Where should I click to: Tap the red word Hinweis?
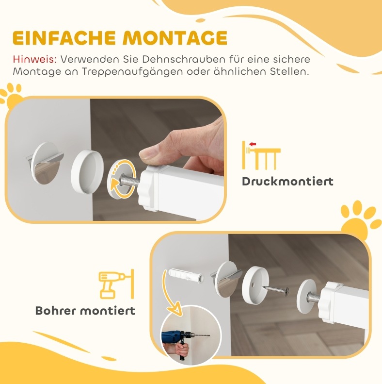pos(35,59)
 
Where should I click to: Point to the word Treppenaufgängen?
pos(132,72)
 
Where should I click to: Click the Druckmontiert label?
pos(287,182)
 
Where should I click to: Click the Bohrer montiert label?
pos(85,311)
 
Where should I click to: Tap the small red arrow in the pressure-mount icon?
pos(253,144)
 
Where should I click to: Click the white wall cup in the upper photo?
pos(87,172)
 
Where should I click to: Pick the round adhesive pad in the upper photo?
pos(46,163)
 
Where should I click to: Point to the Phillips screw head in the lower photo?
pos(286,291)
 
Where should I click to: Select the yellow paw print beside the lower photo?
pos(361,218)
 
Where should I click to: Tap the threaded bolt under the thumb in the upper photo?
pos(129,180)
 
